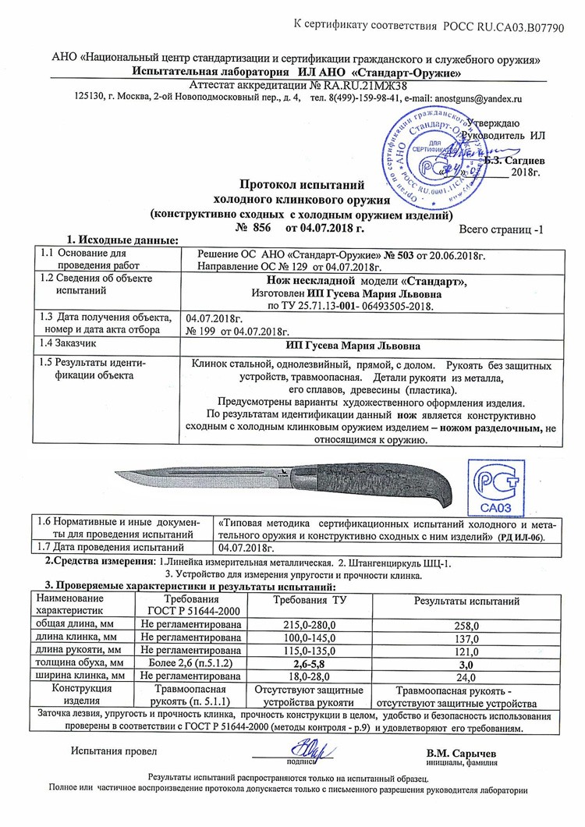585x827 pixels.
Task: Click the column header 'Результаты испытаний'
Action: tap(466, 602)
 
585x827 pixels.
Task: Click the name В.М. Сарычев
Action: tap(461, 753)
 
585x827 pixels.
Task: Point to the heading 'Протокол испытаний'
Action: tap(301, 186)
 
